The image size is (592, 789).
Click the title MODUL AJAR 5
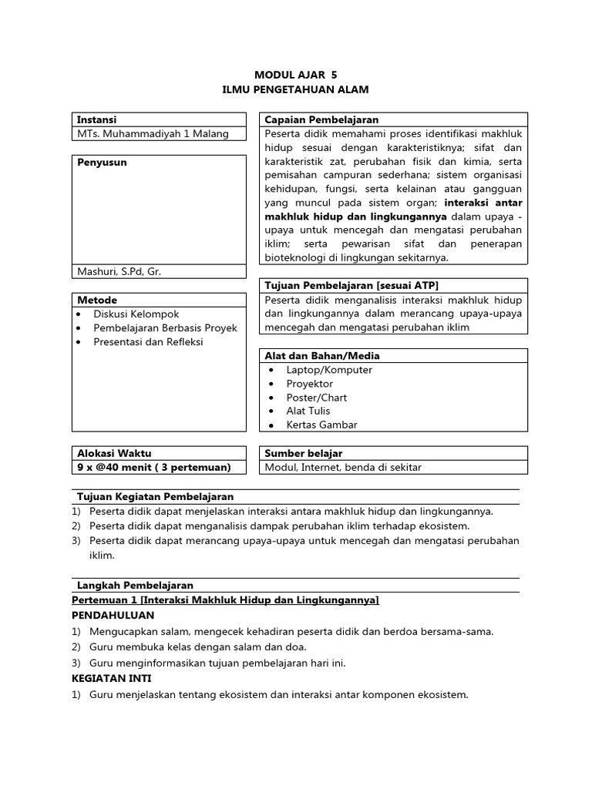tap(296, 75)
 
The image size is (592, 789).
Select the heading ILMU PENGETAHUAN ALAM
tap(296, 89)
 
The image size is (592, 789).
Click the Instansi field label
tap(97, 119)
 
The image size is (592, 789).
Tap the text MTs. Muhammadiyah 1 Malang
tap(153, 133)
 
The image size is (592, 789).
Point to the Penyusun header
tap(102, 163)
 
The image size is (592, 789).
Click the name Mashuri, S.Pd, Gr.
tap(119, 271)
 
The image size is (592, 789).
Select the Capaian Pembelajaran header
tap(321, 119)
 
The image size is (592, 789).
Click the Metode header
tap(97, 299)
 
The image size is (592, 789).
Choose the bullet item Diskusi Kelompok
tap(136, 314)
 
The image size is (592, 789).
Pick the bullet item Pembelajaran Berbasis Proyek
tap(165, 327)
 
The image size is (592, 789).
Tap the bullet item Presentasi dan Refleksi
tap(148, 341)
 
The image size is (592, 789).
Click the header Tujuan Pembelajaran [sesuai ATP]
tap(351, 285)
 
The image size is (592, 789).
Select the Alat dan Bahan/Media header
tap(322, 355)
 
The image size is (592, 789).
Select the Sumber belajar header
tap(304, 453)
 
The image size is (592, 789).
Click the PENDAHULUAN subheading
tap(113, 615)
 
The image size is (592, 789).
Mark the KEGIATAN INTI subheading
tap(111, 678)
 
